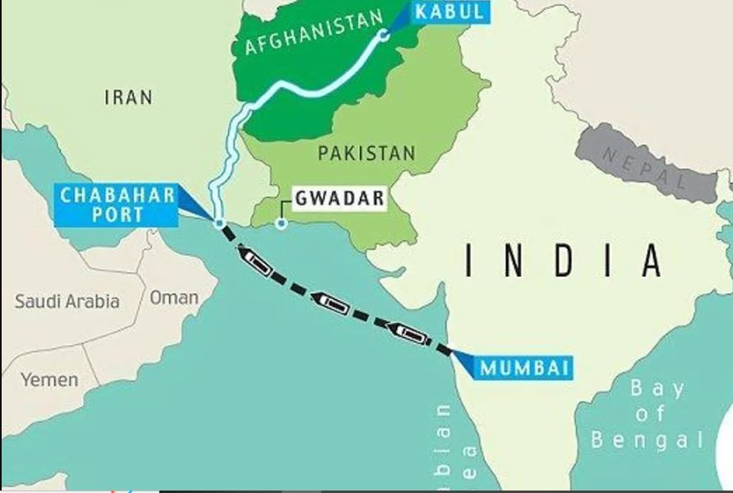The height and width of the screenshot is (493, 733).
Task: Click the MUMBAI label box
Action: [524, 367]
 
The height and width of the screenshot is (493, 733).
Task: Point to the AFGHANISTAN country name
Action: [314, 33]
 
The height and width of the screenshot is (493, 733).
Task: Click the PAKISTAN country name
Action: [366, 153]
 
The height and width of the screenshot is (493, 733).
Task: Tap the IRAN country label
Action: [128, 98]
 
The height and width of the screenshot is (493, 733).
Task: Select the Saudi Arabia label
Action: [67, 302]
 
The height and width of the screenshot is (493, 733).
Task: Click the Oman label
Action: [173, 297]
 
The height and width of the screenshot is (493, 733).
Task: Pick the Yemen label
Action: [50, 380]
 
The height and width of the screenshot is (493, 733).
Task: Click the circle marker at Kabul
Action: [383, 35]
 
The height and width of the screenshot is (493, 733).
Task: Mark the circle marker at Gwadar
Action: [281, 223]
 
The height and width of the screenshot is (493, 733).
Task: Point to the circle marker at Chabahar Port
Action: [219, 223]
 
